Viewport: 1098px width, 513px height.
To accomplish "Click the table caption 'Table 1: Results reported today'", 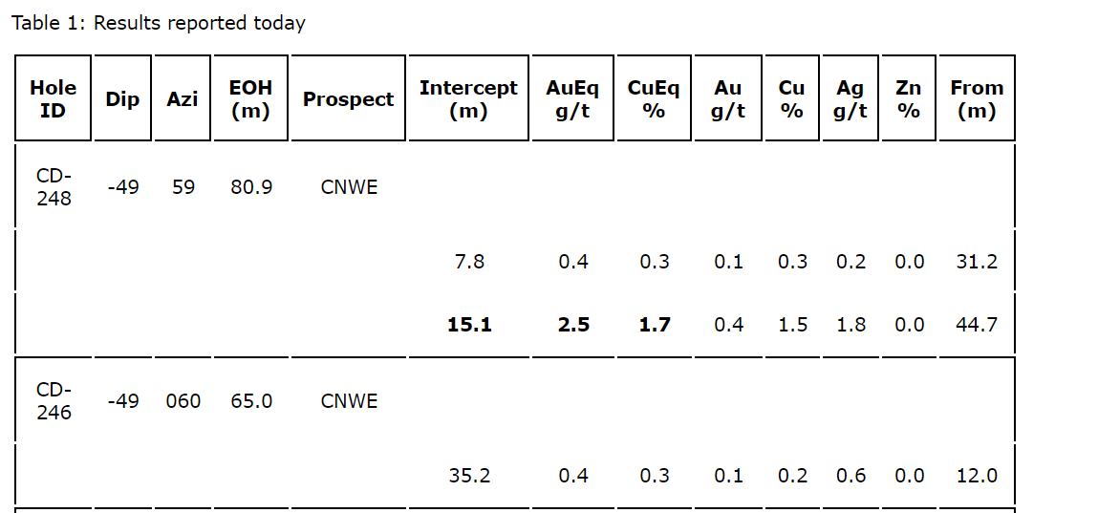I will [159, 23].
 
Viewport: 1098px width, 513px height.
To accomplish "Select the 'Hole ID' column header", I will [54, 98].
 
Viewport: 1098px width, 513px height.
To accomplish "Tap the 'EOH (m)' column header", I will [250, 98].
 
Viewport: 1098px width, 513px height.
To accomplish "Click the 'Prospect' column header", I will [348, 99].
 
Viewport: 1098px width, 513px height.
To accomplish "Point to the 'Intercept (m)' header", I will [468, 98].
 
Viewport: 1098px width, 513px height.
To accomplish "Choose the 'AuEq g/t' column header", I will [572, 98].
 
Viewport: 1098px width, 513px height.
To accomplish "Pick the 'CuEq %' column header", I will [654, 98].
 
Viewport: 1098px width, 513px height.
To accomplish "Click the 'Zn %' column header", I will [908, 98].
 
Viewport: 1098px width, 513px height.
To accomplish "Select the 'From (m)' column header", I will [977, 98].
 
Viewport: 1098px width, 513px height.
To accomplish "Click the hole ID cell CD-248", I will [54, 187].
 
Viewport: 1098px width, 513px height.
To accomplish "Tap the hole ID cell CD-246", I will [54, 401].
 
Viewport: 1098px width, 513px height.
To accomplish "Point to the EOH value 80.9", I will [251, 187].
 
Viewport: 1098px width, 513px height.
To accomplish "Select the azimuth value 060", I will [183, 401].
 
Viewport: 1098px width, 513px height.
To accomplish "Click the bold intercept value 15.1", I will [469, 325].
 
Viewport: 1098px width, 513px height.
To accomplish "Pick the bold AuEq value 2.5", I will [573, 325].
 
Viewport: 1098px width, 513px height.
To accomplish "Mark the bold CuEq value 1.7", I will [655, 325].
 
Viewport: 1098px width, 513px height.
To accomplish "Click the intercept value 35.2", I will [469, 476].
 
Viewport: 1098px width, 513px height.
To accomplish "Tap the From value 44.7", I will [977, 325].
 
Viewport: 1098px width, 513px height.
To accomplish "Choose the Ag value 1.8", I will [850, 325].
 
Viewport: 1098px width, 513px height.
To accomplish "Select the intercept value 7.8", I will [469, 262].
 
